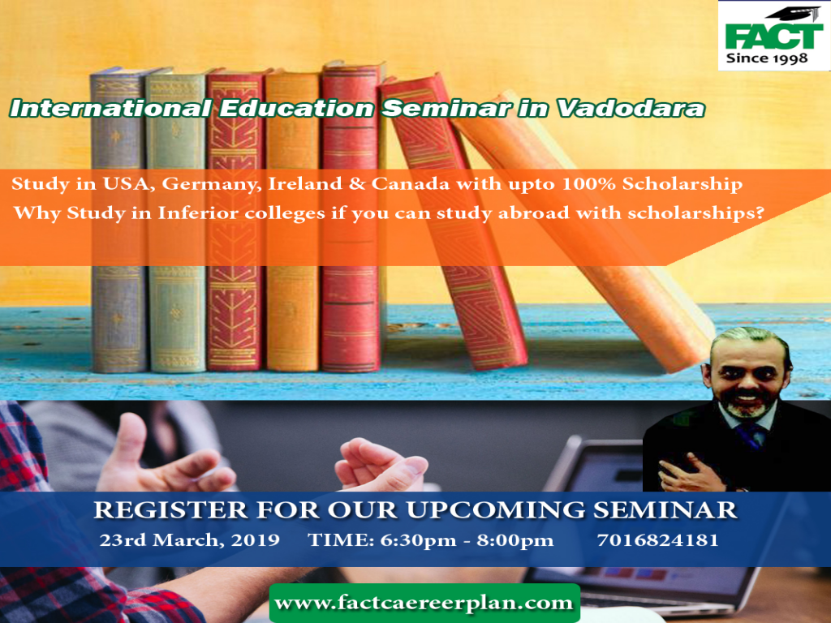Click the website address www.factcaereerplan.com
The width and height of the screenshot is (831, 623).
click(424, 603)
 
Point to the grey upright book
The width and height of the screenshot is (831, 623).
click(118, 219)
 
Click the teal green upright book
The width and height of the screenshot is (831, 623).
click(176, 219)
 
